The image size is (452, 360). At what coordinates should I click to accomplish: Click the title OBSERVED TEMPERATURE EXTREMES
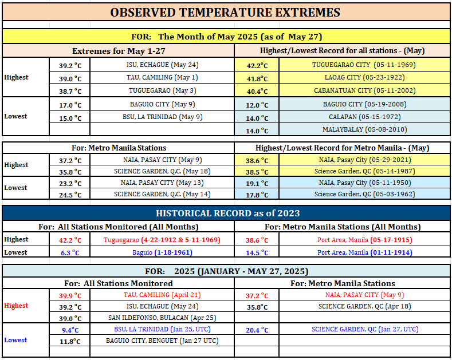(x=225, y=13)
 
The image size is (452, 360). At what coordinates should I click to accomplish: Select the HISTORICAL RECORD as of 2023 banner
(x=228, y=213)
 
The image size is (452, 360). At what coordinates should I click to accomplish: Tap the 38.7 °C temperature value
(x=70, y=91)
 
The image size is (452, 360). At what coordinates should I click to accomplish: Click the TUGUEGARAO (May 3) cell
(x=163, y=90)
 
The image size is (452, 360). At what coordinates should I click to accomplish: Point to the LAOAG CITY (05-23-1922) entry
(x=365, y=77)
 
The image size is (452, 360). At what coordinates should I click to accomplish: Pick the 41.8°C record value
(x=257, y=78)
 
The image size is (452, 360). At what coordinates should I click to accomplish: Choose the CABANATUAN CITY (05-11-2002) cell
(x=365, y=90)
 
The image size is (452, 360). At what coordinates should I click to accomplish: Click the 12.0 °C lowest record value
(x=257, y=105)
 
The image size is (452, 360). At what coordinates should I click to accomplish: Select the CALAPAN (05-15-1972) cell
(x=365, y=117)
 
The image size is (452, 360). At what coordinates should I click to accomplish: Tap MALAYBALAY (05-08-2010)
(x=365, y=129)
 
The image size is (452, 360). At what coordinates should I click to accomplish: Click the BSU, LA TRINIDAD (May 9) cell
(x=163, y=117)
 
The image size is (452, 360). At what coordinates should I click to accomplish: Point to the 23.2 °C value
(x=70, y=183)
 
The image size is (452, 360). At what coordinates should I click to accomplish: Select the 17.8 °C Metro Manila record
(x=257, y=195)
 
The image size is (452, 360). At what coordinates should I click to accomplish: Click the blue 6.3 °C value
(x=70, y=252)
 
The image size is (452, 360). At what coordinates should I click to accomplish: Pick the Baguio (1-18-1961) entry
(x=162, y=252)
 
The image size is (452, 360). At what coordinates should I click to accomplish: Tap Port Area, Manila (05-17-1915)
(x=365, y=240)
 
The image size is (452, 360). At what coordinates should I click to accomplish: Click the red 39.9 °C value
(x=70, y=295)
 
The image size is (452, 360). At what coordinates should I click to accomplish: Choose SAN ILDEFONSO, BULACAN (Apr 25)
(x=162, y=318)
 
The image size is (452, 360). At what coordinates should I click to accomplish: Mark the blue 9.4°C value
(x=70, y=330)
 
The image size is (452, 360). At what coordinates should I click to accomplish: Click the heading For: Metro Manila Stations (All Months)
(x=343, y=227)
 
